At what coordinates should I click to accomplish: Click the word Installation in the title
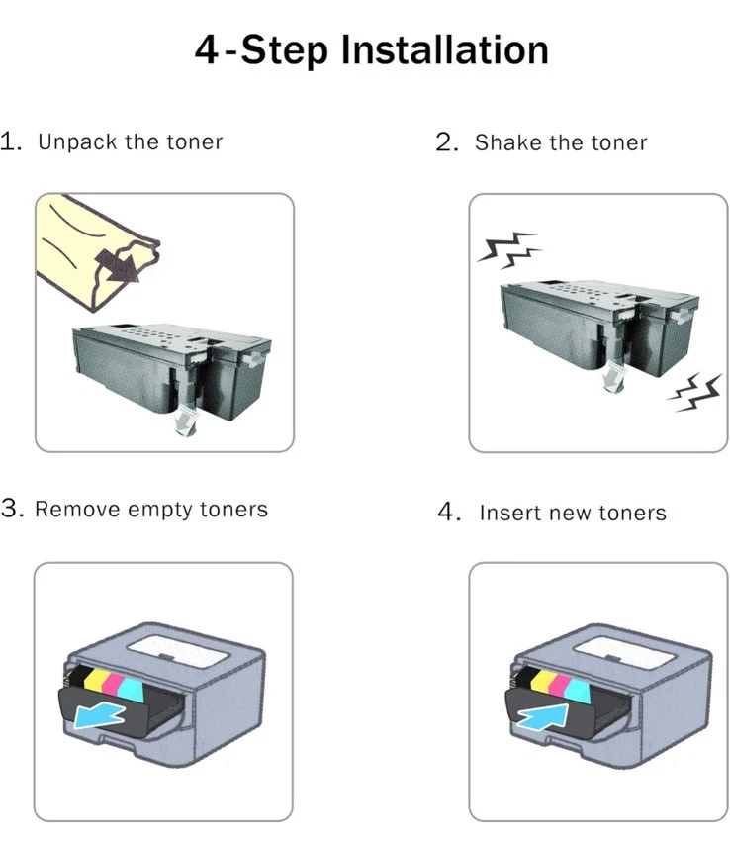(x=444, y=49)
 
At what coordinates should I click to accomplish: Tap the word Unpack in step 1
(x=77, y=142)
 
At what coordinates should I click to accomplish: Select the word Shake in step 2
(x=506, y=142)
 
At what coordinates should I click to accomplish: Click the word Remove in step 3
(x=77, y=510)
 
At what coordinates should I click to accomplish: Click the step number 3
(x=12, y=508)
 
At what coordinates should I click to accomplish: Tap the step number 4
(x=449, y=512)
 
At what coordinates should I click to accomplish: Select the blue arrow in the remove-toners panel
(x=100, y=715)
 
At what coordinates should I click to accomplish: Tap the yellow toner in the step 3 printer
(x=95, y=680)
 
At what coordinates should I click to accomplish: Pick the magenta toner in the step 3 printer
(x=114, y=683)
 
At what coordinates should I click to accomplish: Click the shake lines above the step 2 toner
(x=509, y=250)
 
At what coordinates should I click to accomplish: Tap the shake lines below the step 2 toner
(x=694, y=392)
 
